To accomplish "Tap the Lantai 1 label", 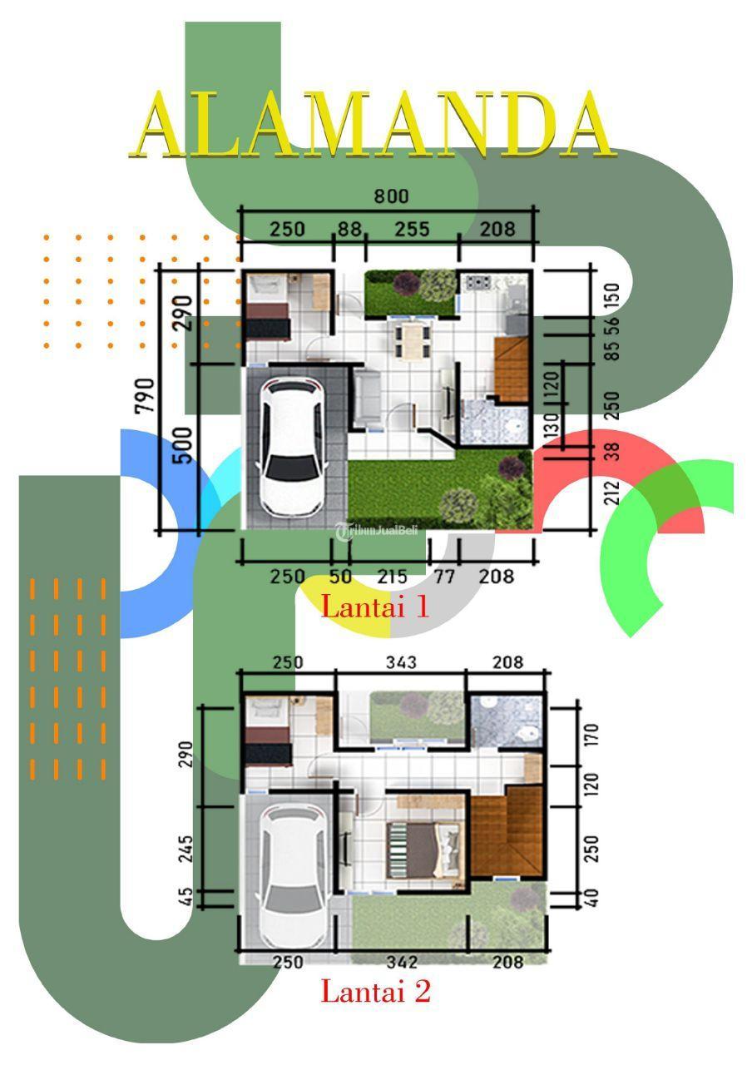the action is pos(374,607).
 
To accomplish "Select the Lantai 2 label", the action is pos(375,990).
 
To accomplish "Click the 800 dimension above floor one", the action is pos(391,196).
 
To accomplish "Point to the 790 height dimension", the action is pos(145,395).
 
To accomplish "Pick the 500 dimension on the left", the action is pos(182,445).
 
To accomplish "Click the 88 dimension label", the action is pos(350,229).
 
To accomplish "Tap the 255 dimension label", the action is pos(412,229).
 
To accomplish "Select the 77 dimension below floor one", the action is pos(444,577).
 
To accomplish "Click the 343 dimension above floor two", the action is pos(401,662).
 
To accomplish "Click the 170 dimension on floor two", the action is pos(591,735).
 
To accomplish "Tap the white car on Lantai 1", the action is pos(292,448).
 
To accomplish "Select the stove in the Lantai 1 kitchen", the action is pos(477,283).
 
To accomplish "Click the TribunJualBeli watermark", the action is pos(378,531).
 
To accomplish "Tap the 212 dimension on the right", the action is pos(613,493).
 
